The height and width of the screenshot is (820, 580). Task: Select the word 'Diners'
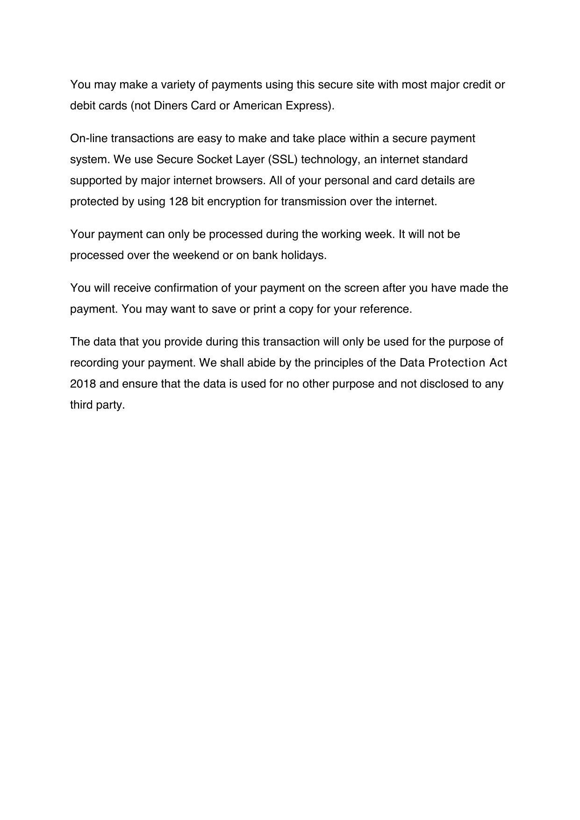click(x=170, y=106)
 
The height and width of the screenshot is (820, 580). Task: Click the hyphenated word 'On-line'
click(x=88, y=138)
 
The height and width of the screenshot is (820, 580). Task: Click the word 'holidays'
click(x=303, y=255)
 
